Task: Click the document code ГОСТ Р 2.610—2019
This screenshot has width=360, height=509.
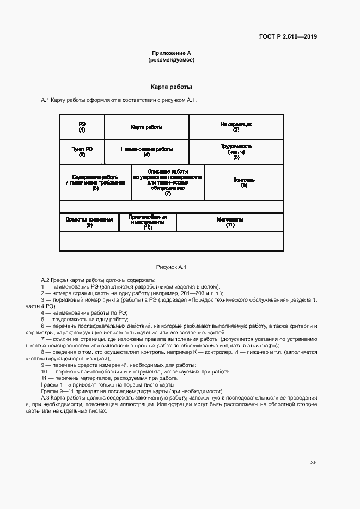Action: pos(288,37)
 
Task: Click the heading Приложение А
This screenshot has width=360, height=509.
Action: pos(171,53)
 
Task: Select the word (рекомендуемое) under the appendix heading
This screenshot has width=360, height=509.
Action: pos(171,60)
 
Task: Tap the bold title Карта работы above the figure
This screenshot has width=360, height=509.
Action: pos(171,87)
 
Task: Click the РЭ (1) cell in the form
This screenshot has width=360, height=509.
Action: pos(82,127)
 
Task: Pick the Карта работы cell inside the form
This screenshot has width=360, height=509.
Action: pos(147,127)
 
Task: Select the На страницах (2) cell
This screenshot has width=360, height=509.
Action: pos(236,127)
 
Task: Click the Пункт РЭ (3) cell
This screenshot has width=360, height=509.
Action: pos(82,151)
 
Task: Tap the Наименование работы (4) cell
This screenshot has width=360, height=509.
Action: pos(147,151)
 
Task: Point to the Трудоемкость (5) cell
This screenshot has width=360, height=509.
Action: pos(236,151)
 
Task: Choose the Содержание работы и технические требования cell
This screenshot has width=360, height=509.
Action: pos(95,182)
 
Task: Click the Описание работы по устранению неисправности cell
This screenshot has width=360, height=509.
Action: pos(167,182)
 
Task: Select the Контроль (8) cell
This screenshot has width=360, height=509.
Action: pos(243,182)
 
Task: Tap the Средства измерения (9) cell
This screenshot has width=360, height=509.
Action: pos(89,222)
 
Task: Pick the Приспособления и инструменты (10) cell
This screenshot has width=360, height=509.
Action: pos(148,222)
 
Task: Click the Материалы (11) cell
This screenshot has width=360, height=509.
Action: pos(230,222)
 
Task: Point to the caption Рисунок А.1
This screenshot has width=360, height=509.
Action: pos(171,267)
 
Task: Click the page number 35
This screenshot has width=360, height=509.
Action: pos(313,463)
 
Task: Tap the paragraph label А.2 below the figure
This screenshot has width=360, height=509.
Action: pos(45,280)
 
